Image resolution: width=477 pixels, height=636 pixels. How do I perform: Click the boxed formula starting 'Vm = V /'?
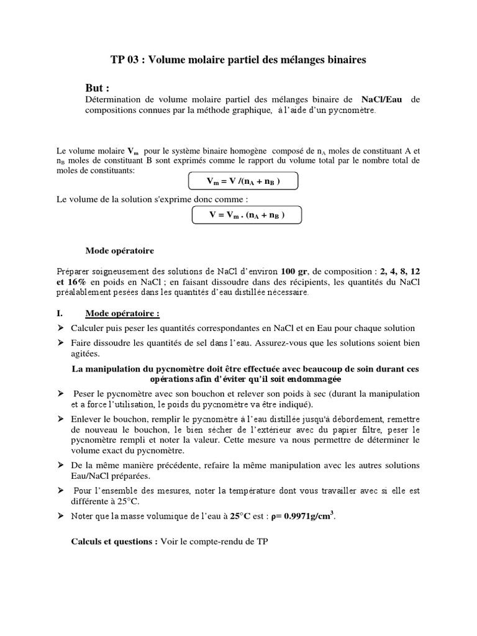[x=243, y=181]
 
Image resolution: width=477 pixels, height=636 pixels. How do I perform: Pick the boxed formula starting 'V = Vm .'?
[x=247, y=215]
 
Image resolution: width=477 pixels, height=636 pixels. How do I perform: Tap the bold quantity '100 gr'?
[x=294, y=271]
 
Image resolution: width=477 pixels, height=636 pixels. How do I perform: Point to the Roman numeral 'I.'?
[x=60, y=314]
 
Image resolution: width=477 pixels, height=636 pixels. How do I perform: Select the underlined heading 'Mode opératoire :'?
[x=122, y=314]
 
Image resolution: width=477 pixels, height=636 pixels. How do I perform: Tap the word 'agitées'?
[x=86, y=354]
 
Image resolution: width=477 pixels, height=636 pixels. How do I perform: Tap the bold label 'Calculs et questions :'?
[x=114, y=541]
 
